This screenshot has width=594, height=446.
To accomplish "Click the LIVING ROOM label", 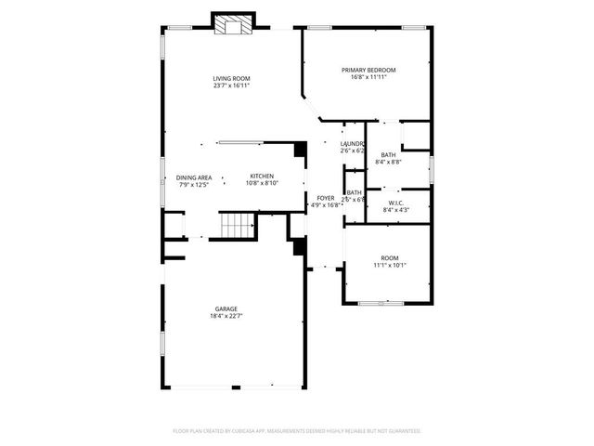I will tap(231, 78).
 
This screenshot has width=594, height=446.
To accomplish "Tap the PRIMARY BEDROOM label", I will tap(368, 71).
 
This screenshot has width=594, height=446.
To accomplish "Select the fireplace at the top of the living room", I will tap(232, 24).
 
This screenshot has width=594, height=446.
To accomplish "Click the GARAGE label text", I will tap(226, 308).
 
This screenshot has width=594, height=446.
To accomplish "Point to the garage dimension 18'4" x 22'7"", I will tap(226, 316).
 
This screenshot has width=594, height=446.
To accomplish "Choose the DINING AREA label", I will tap(194, 177).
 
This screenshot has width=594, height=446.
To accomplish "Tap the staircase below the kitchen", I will tap(238, 225).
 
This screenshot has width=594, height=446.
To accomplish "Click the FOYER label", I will tap(326, 198).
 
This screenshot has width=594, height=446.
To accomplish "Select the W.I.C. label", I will tap(396, 203).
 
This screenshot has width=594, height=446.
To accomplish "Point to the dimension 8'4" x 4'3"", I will tap(396, 210).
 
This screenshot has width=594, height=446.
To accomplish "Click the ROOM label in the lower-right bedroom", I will tap(390, 257).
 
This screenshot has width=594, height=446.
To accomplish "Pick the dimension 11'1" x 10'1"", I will tap(390, 265).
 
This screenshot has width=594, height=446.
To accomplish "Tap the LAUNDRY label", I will tap(352, 144).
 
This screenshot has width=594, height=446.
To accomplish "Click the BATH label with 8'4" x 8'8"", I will tap(388, 155).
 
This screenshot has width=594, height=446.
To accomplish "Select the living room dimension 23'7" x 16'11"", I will tap(231, 85).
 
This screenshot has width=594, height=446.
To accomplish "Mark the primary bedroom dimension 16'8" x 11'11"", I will tap(368, 78).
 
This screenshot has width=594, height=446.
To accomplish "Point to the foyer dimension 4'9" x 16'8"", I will tap(326, 205).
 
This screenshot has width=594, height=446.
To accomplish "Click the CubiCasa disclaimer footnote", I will tap(297, 431).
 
